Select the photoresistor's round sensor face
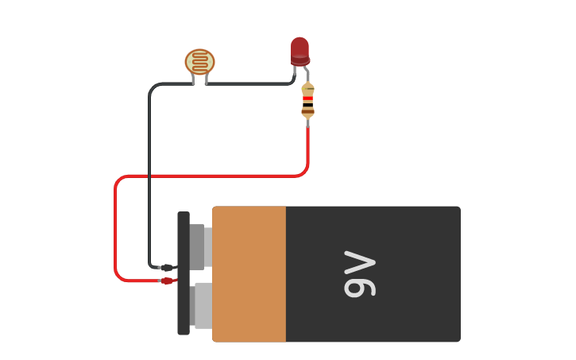(199, 62)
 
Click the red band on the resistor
(307, 99)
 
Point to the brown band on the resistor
(307, 111)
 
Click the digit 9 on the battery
(359, 285)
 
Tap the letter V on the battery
(359, 261)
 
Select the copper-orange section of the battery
(249, 274)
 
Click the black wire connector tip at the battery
(167, 268)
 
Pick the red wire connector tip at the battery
(167, 281)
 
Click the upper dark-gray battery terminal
(199, 246)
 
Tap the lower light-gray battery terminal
(202, 306)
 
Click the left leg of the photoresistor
(193, 79)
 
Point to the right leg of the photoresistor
(207, 79)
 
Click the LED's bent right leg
(306, 72)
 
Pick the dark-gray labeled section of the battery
(373, 274)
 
